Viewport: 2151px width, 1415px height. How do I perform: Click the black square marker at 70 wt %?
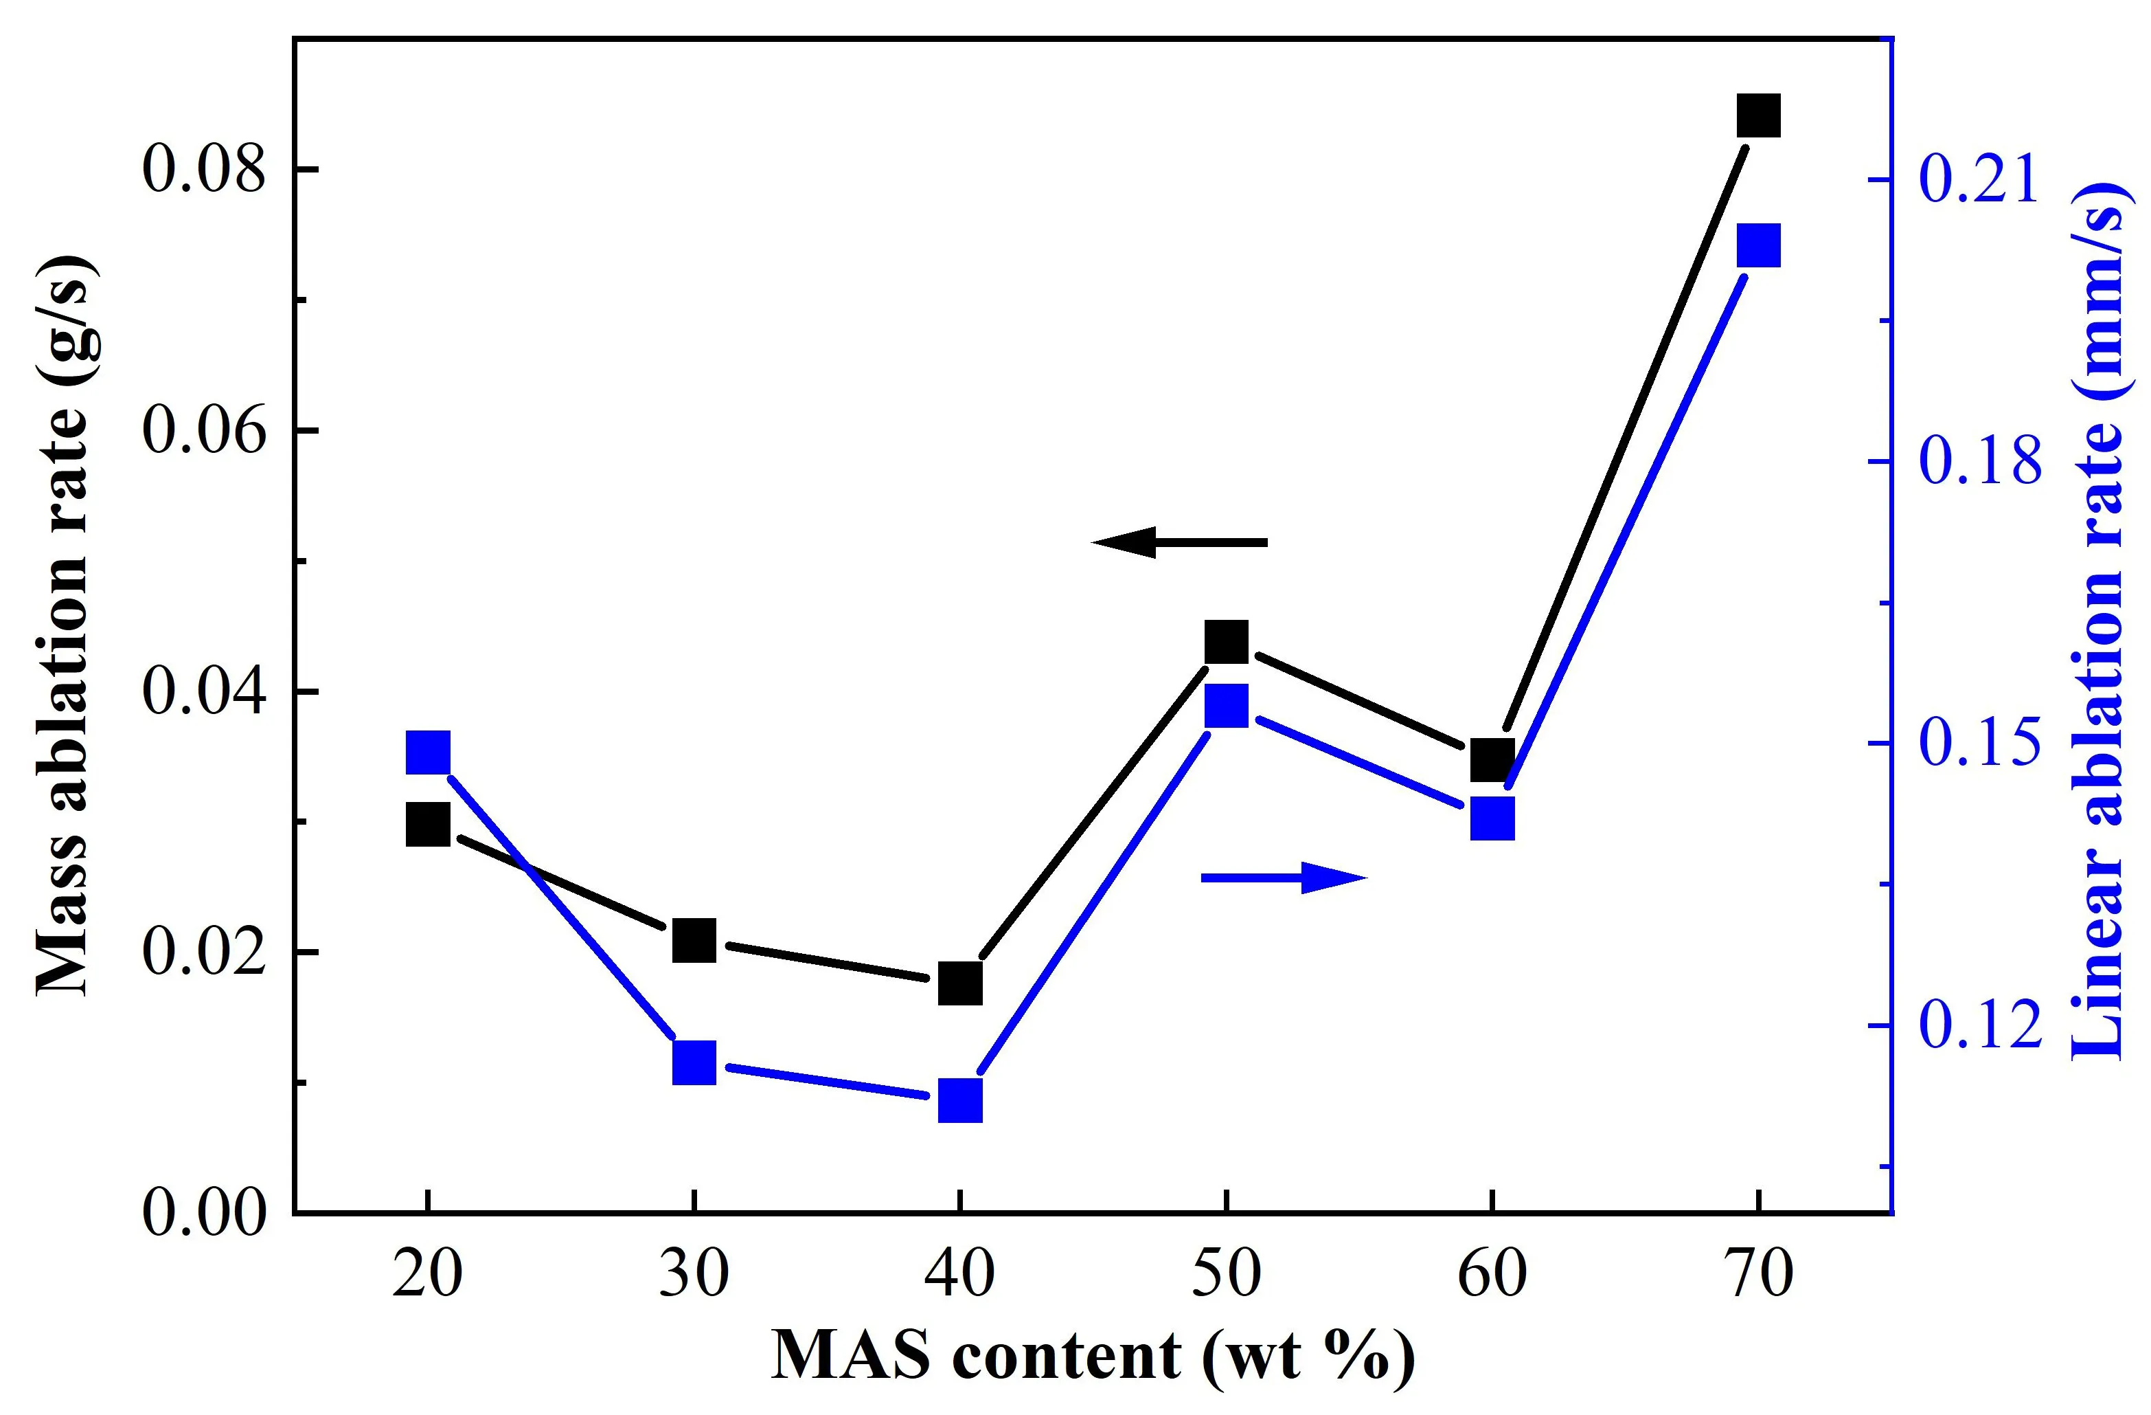pos(1758,115)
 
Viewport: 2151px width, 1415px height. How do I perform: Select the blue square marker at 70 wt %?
pos(1758,246)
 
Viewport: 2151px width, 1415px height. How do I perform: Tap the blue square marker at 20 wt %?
pos(427,753)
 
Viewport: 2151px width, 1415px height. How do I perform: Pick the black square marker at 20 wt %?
pos(427,825)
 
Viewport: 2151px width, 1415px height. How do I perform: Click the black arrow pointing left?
pos(1179,542)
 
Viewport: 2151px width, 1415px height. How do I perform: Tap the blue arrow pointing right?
pos(1284,877)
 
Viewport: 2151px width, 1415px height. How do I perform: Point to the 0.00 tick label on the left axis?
pos(206,1212)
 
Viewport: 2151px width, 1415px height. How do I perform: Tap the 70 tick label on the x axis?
pos(1758,1275)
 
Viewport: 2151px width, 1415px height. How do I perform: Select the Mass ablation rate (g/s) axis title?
pos(63,624)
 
